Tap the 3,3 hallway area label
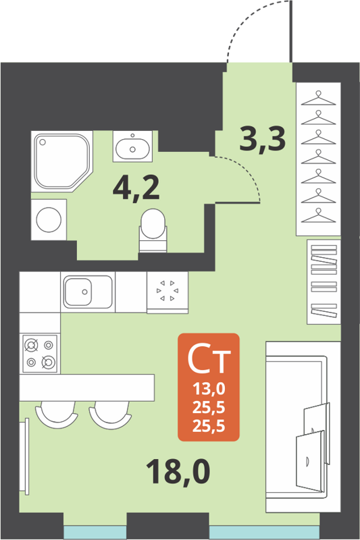[263, 140]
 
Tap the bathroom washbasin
[132, 146]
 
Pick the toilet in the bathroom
[153, 227]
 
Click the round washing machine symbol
[49, 220]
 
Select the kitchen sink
[88, 292]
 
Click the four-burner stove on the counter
[39, 353]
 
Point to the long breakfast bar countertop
[87, 387]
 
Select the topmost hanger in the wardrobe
[318, 99]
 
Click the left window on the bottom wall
[95, 532]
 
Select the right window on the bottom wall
[263, 532]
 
